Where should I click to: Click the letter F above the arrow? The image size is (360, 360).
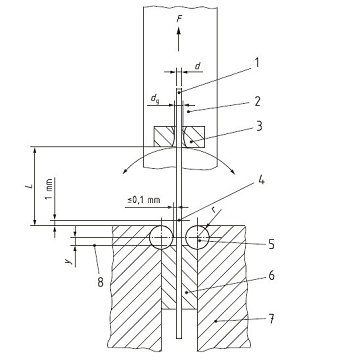[181, 17]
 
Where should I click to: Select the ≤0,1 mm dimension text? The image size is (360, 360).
[143, 200]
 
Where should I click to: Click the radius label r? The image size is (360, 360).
[214, 211]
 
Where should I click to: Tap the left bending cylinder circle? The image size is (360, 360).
[158, 236]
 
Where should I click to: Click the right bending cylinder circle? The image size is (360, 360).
[197, 236]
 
